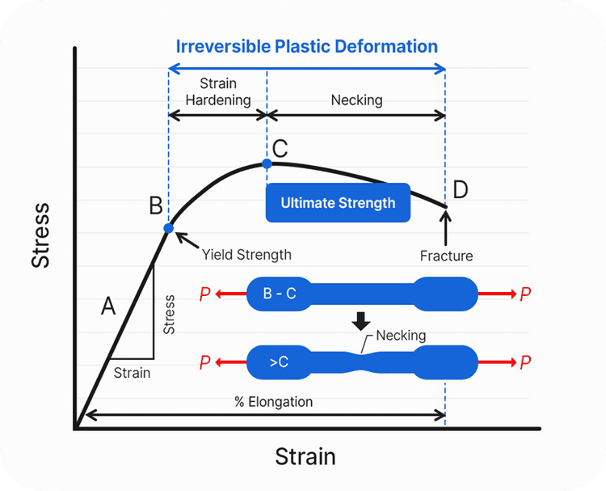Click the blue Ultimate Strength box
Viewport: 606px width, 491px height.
pyautogui.click(x=338, y=203)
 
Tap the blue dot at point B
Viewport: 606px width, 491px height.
pyautogui.click(x=169, y=228)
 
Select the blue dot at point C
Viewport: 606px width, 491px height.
pyautogui.click(x=267, y=163)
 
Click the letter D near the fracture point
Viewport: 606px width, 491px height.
pyautogui.click(x=461, y=189)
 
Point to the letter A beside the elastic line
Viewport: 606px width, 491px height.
pyautogui.click(x=108, y=306)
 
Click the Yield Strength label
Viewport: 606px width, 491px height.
pyautogui.click(x=246, y=255)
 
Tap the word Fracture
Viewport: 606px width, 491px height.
pyautogui.click(x=446, y=256)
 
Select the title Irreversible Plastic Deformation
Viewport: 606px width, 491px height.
pyautogui.click(x=307, y=46)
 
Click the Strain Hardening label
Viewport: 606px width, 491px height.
pyautogui.click(x=218, y=91)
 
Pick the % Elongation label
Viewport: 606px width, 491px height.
pyautogui.click(x=274, y=402)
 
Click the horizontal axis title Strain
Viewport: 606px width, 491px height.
pyautogui.click(x=305, y=456)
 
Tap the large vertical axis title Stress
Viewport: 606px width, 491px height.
pyautogui.click(x=40, y=235)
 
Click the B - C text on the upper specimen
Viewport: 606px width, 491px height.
pyautogui.click(x=280, y=294)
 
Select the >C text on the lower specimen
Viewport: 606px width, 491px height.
pyautogui.click(x=279, y=362)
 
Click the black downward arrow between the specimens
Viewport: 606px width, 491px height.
pyautogui.click(x=361, y=321)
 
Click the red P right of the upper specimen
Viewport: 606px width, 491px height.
pyautogui.click(x=525, y=294)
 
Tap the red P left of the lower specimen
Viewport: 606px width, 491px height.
pyautogui.click(x=205, y=362)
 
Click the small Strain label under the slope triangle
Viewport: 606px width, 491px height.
pyautogui.click(x=132, y=373)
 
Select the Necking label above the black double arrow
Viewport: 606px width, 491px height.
pyautogui.click(x=356, y=100)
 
